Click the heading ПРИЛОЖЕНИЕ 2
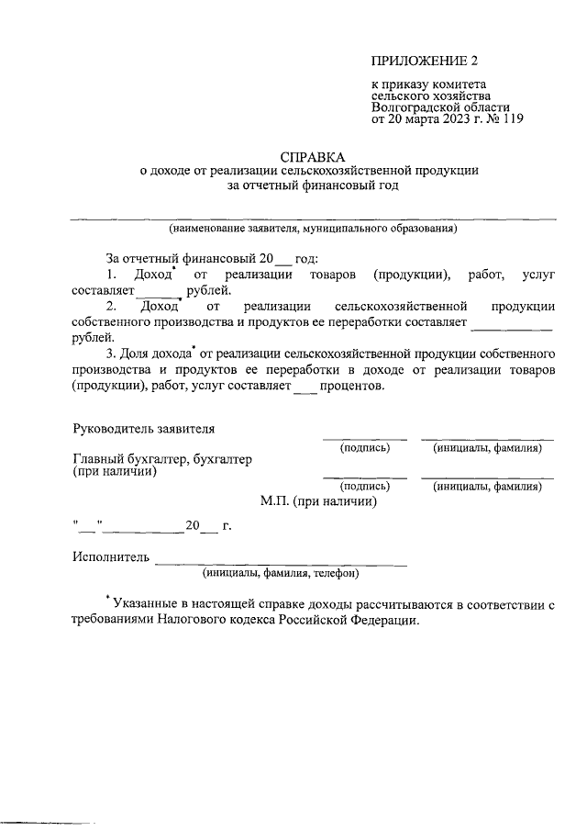425,62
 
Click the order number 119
511,118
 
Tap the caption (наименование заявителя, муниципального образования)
313,228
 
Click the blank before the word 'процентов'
304,387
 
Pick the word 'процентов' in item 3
352,387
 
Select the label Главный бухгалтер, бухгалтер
162,459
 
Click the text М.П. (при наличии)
318,501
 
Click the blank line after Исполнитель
280,560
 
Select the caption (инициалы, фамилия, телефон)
281,573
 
